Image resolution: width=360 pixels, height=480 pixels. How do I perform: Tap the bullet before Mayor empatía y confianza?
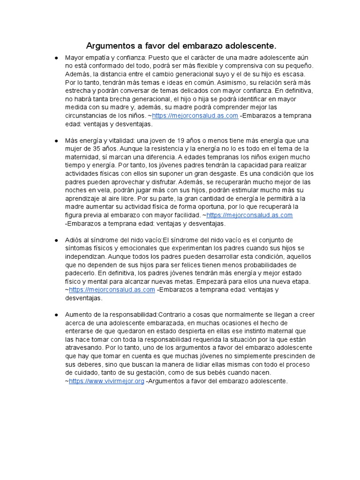click(x=56, y=57)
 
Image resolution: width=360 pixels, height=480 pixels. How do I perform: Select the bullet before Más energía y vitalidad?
click(x=56, y=141)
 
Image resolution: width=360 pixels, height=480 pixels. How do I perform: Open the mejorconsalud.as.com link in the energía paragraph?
click(x=249, y=215)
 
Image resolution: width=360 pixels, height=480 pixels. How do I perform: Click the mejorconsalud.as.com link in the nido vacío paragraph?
click(x=112, y=290)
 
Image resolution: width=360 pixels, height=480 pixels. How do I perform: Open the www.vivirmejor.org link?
click(x=106, y=381)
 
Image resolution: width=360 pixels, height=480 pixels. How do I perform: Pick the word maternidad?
click(x=83, y=157)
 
